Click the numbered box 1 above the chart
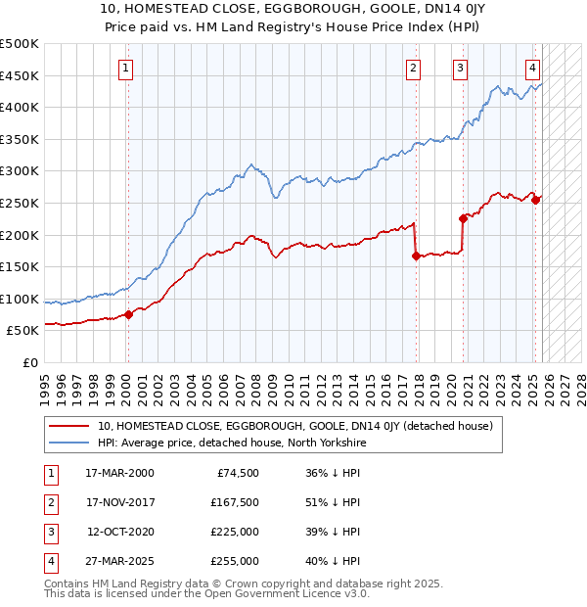[127, 69]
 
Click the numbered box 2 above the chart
[414, 69]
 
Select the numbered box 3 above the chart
[460, 69]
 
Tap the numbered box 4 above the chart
[532, 69]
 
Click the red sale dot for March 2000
[128, 314]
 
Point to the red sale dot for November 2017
[416, 256]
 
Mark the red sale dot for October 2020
[463, 218]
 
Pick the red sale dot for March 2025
[535, 200]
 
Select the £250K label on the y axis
[20, 203]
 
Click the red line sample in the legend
[68, 426]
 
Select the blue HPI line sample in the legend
[68, 443]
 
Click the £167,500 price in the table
[236, 502]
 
